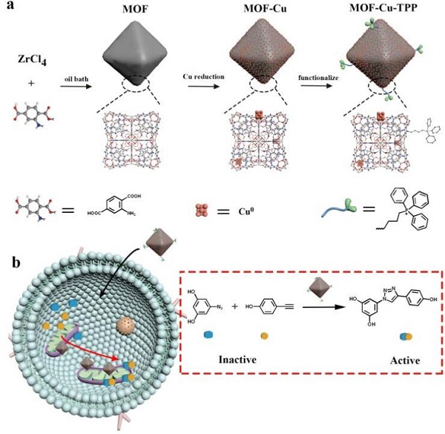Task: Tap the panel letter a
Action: point(9,7)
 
